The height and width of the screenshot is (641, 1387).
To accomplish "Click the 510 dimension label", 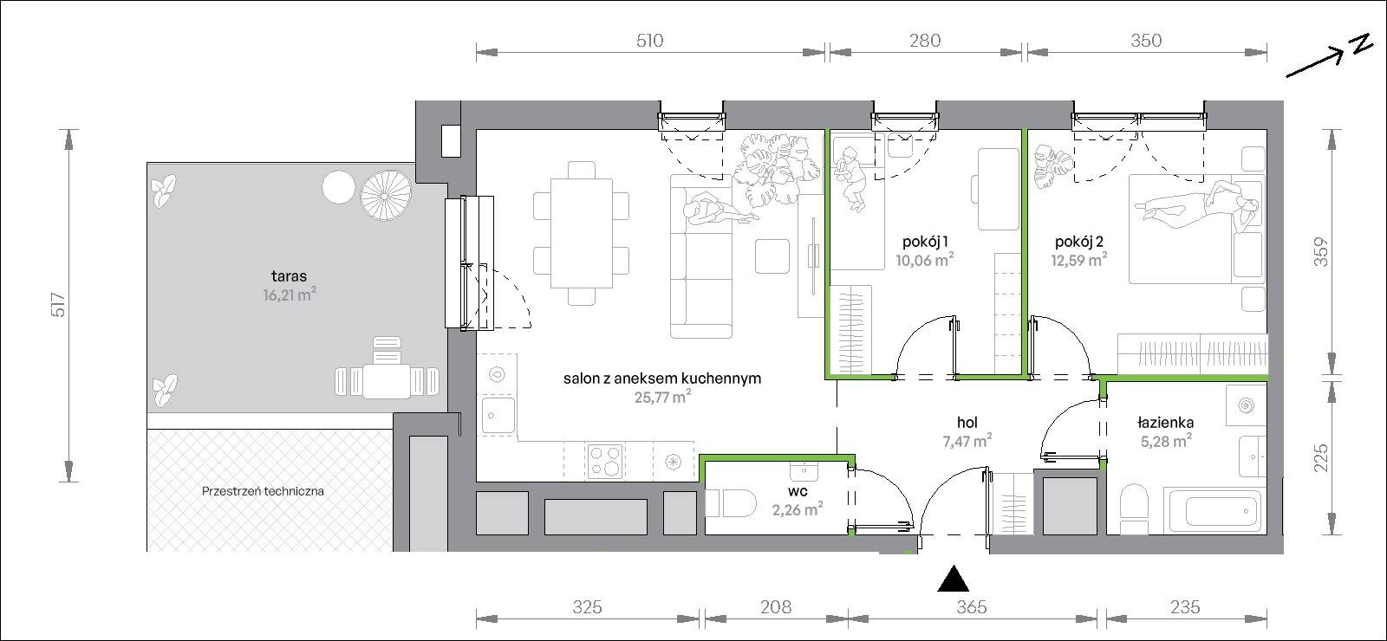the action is [649, 41].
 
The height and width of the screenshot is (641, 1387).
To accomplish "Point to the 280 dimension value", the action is [925, 41].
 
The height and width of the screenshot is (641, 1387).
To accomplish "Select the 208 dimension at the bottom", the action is [775, 607].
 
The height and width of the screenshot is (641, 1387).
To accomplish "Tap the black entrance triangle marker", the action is [953, 579].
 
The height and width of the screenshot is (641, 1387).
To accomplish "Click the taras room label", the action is [289, 276].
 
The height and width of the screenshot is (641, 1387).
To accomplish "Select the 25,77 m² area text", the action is [662, 397].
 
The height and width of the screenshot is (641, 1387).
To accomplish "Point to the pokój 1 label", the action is [925, 242].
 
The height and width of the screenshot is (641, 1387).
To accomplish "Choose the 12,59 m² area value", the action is [1079, 260].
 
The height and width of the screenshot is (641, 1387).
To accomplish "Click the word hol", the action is [967, 423].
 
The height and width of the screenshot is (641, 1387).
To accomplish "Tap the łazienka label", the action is [1165, 423].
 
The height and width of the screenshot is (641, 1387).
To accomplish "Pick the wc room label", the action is [798, 492].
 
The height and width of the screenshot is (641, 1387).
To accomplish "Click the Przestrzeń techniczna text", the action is [263, 491].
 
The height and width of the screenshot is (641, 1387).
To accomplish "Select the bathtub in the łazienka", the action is [1213, 511].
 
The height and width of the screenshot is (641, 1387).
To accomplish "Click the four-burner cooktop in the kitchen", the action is [605, 461].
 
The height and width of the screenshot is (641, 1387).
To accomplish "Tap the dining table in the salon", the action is [582, 233].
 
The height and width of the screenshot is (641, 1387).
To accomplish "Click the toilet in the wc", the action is [731, 503].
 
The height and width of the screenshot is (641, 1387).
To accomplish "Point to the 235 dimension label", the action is [1184, 607].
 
